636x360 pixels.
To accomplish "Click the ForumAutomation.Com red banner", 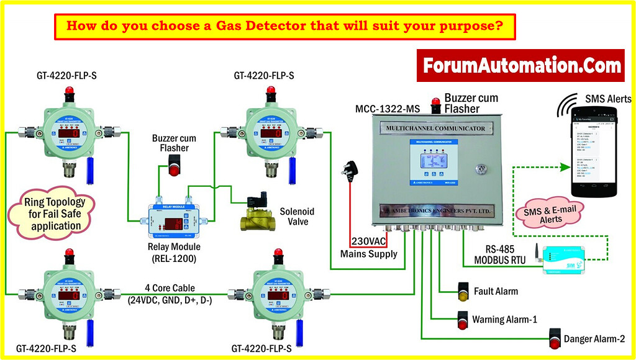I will [520, 66].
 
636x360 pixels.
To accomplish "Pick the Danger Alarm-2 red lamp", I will [555, 340].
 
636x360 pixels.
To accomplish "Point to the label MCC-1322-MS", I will [388, 109].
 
